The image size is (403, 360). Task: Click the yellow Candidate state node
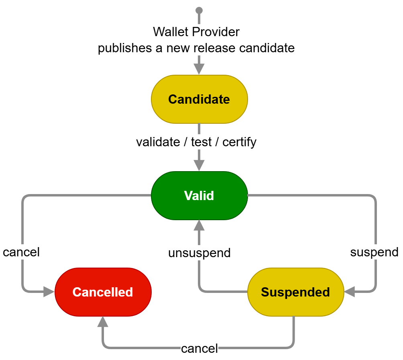[199, 99]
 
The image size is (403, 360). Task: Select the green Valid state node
[199, 196]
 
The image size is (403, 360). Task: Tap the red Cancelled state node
[103, 292]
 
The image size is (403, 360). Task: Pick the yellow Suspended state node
[295, 292]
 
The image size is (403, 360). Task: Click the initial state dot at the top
[199, 10]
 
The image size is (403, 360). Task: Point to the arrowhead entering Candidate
[199, 69]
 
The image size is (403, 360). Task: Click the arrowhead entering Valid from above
[199, 166]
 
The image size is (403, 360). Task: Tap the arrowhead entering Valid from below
[199, 226]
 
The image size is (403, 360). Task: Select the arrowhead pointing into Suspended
[350, 292]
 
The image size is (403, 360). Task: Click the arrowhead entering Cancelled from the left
[49, 292]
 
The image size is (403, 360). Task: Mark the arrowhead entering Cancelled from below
[103, 322]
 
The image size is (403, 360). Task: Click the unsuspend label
[199, 253]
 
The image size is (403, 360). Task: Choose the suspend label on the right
[374, 252]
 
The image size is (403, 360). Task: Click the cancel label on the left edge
[21, 252]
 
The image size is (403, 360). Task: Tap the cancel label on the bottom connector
[199, 348]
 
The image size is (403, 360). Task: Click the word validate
[157, 142]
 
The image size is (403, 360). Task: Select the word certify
[239, 142]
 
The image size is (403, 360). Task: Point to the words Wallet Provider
[196, 31]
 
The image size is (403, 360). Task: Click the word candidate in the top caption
[267, 48]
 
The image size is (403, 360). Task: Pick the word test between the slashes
[201, 142]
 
